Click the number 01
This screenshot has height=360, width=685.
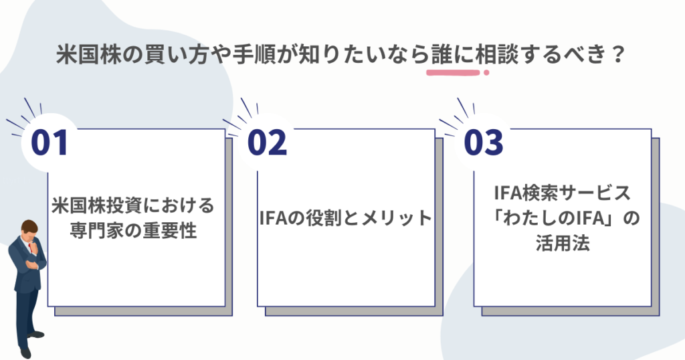[50, 143]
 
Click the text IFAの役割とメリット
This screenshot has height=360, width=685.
[345, 218]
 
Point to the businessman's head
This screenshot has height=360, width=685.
[29, 231]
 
